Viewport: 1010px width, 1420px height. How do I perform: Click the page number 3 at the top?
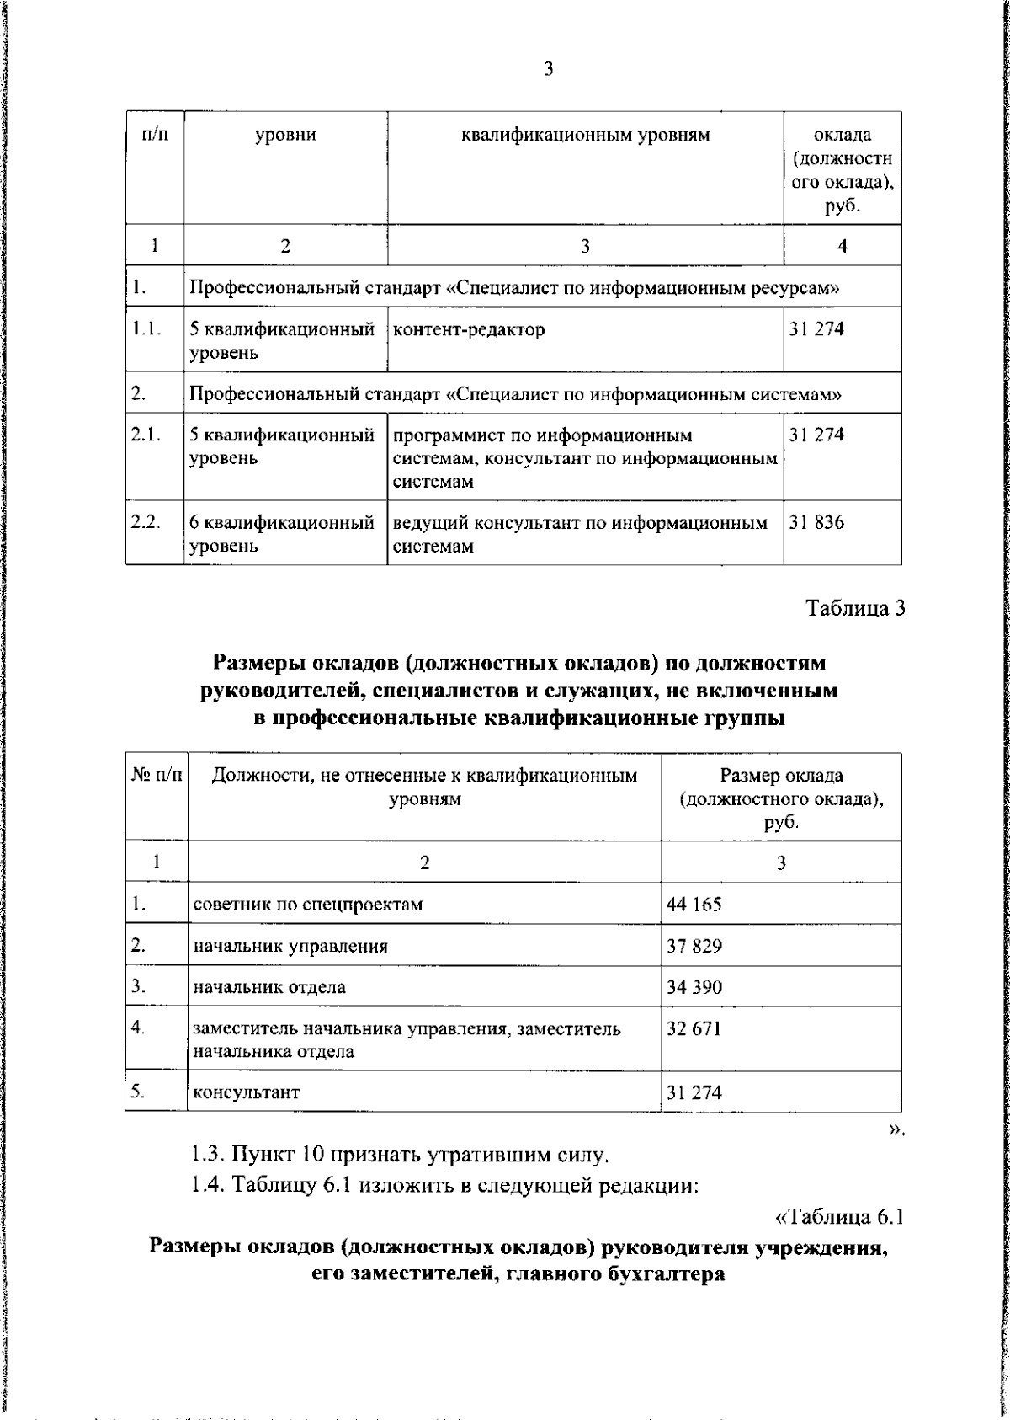click(x=548, y=70)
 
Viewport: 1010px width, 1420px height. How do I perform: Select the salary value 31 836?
click(x=816, y=523)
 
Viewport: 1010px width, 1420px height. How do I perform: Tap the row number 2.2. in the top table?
click(x=146, y=522)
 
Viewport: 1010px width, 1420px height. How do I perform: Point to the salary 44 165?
click(x=694, y=905)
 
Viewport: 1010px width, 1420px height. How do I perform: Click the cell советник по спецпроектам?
click(x=308, y=905)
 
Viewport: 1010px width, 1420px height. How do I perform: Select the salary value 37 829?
click(x=694, y=946)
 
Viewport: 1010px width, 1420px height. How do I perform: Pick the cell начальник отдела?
click(x=269, y=987)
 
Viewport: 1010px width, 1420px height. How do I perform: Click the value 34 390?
click(x=694, y=987)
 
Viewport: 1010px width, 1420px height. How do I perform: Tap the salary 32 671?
click(x=694, y=1029)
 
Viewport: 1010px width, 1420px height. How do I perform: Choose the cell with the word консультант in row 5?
click(x=247, y=1093)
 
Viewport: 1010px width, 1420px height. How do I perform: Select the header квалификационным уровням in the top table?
click(x=585, y=136)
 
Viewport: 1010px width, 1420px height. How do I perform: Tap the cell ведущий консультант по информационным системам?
click(x=580, y=535)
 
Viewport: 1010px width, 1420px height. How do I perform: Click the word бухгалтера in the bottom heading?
click(x=666, y=1274)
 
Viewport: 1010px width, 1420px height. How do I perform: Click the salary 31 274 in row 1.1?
click(x=816, y=329)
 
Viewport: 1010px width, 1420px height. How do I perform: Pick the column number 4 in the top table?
click(x=842, y=246)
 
